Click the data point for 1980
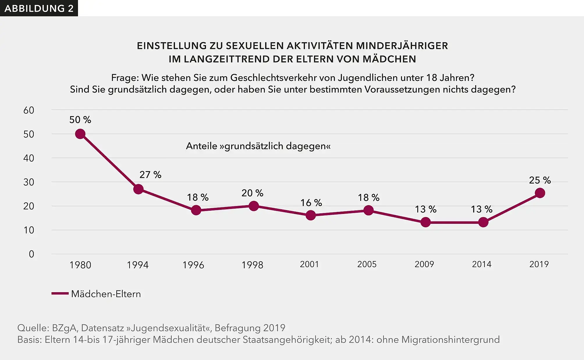pos(80,134)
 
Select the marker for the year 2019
pos(540,193)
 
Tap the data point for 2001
pos(310,215)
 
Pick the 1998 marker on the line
pos(253,206)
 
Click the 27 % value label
pos(150,175)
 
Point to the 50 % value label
pos(80,120)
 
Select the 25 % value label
pos(540,180)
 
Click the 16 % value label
pos(311,203)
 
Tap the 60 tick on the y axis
pos(29,110)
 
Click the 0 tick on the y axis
pos(31,254)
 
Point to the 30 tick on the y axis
pos(29,182)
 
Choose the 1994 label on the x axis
pos(138,265)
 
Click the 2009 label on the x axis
pos(424,264)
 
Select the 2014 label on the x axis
pos(482,264)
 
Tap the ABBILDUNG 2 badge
pos(39,8)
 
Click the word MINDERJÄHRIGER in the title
pos(402,46)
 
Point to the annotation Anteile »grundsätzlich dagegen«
pos(258,146)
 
